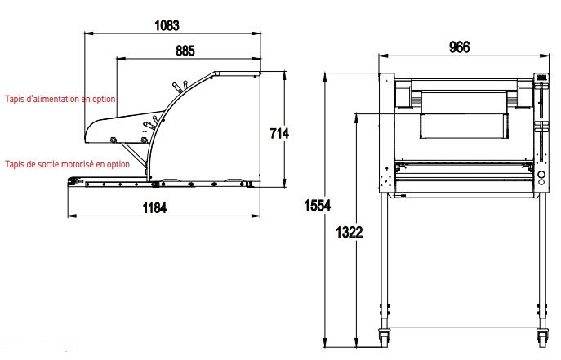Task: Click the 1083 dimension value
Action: (x=167, y=25)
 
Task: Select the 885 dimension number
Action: (x=185, y=51)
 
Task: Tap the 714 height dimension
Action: (x=279, y=133)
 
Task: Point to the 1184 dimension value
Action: (x=154, y=207)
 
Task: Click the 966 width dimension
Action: (x=460, y=47)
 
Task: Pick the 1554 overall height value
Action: (x=318, y=206)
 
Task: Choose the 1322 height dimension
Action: (x=350, y=233)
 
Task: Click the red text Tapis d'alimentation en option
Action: (x=60, y=99)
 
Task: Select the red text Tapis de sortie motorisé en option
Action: (x=67, y=164)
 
